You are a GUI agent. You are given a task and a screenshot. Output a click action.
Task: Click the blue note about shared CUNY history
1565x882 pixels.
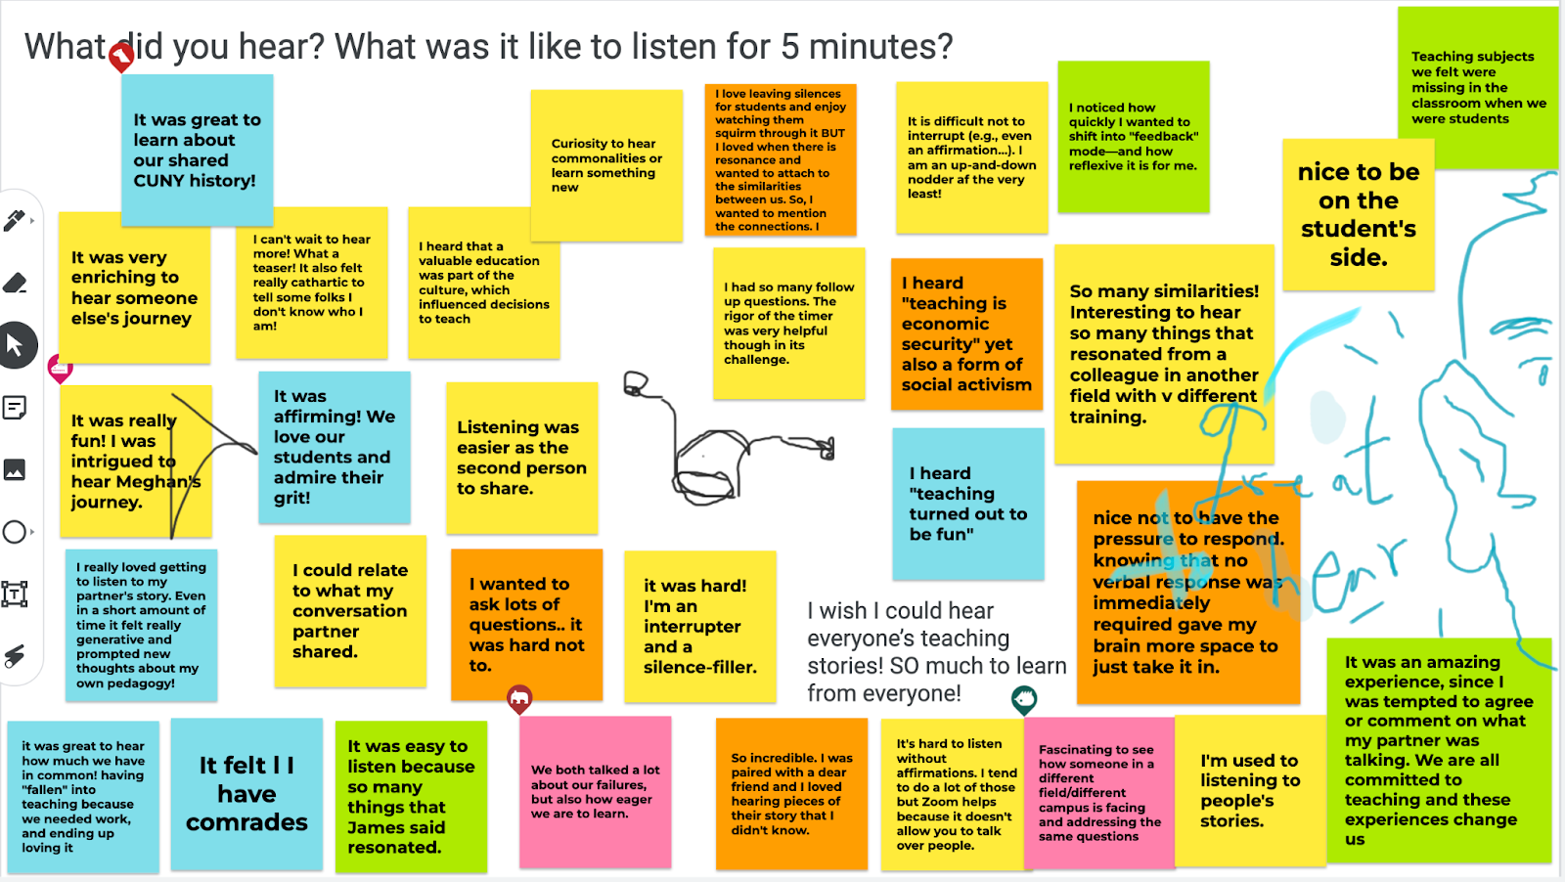point(197,150)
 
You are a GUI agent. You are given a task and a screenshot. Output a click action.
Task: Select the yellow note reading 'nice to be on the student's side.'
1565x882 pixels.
point(1358,215)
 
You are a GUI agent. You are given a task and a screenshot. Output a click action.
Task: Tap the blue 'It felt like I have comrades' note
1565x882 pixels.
point(246,793)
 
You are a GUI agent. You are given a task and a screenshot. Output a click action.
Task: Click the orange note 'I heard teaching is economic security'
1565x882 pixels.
point(966,333)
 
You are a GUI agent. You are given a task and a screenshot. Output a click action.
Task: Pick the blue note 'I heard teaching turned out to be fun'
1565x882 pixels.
point(967,503)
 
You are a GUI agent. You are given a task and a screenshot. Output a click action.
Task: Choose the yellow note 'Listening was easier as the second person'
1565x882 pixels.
point(521,458)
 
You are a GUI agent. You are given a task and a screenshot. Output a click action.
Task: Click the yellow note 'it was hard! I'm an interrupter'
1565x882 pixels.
point(699,626)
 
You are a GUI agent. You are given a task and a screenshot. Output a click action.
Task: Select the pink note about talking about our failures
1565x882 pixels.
point(595,791)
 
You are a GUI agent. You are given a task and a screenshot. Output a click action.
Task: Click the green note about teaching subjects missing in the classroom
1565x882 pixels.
point(1477,87)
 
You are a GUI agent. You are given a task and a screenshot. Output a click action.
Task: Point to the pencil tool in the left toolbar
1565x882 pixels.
point(15,221)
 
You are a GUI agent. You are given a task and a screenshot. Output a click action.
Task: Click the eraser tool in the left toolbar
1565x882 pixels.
point(15,284)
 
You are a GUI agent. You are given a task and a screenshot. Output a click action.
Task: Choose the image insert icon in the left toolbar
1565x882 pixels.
point(15,470)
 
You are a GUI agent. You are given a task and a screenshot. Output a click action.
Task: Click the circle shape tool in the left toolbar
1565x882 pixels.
point(15,532)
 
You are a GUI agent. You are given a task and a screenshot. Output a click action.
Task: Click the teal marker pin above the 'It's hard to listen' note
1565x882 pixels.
point(1024,698)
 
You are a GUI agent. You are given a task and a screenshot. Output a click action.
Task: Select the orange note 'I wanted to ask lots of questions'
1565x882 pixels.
point(526,624)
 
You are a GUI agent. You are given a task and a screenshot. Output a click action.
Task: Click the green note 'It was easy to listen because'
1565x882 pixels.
point(411,796)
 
